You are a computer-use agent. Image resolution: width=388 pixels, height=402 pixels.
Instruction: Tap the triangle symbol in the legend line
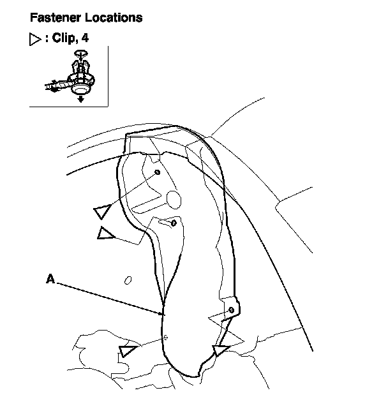click(x=36, y=38)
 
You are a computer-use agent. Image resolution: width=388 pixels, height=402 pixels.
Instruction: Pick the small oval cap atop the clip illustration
click(x=79, y=56)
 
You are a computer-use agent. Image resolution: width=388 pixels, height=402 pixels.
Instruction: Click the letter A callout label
click(x=50, y=278)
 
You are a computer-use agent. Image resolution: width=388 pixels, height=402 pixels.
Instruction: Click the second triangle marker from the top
click(x=105, y=233)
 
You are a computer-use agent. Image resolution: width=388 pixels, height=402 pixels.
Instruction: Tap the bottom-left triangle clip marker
click(x=127, y=350)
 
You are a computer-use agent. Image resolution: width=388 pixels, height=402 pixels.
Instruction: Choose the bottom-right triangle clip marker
click(x=221, y=350)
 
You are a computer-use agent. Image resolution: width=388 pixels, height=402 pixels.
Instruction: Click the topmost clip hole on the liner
click(x=158, y=172)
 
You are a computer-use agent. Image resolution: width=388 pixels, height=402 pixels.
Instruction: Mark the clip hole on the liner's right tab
click(x=230, y=310)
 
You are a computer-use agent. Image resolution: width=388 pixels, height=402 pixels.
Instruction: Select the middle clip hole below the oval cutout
click(x=174, y=223)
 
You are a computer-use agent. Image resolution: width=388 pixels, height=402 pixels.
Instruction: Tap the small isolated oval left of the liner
click(x=128, y=279)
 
